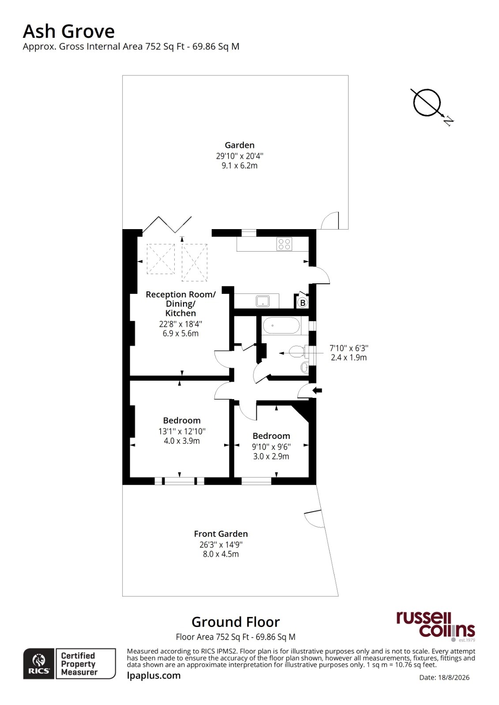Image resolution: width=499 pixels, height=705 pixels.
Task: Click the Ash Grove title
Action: pyautogui.click(x=69, y=31)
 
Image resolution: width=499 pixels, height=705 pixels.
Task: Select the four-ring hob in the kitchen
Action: pyautogui.click(x=284, y=244)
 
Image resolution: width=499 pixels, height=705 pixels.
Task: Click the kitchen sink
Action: pyautogui.click(x=263, y=301)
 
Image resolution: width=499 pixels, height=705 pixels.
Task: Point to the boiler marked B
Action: pyautogui.click(x=303, y=303)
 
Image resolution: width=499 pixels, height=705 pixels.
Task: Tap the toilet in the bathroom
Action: pyautogui.click(x=299, y=351)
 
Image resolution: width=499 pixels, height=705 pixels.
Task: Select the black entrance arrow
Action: pyautogui.click(x=317, y=390)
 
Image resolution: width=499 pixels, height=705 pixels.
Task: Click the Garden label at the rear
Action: pyautogui.click(x=240, y=145)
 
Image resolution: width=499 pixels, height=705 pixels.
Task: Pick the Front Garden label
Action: pyautogui.click(x=221, y=534)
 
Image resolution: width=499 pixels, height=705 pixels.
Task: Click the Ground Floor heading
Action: pyautogui.click(x=236, y=622)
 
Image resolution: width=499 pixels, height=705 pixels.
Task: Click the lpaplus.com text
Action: pyautogui.click(x=154, y=675)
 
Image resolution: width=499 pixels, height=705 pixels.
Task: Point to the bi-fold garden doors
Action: pyautogui.click(x=167, y=224)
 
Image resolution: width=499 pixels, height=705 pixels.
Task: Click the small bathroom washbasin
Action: pyautogui.click(x=304, y=367)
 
